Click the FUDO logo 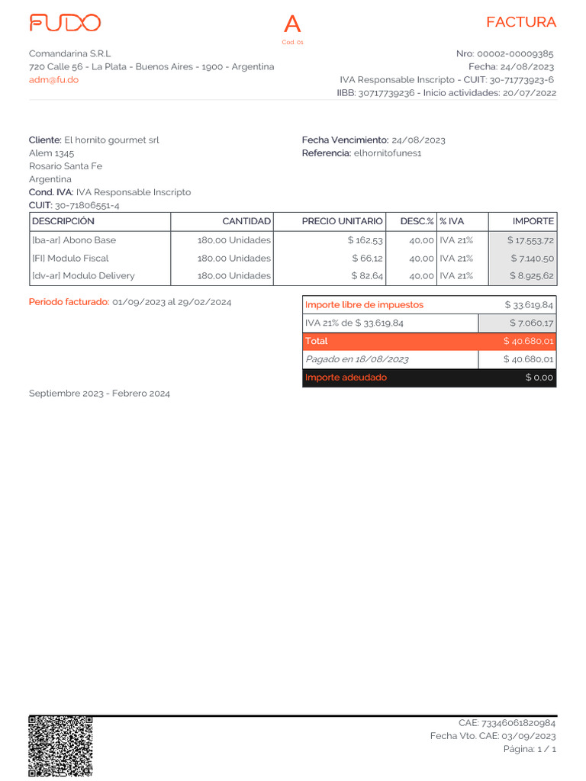pos(65,23)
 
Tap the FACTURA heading pos(521,22)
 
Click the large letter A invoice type pos(292,25)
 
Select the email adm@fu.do pos(53,79)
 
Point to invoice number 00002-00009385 pos(515,53)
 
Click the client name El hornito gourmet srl pos(111,140)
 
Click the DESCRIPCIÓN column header pos(63,221)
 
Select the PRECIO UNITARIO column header pos(342,221)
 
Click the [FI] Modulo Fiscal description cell pos(70,258)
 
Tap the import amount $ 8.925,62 pos(532,275)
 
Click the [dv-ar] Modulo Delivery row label pos(83,275)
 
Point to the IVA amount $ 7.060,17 pos(532,323)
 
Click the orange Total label pos(317,341)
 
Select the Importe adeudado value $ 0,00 pos(539,378)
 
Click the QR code pos(60,746)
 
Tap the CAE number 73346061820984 pos(518,722)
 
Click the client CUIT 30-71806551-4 pos(87,205)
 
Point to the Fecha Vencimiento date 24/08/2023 pos(418,140)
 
